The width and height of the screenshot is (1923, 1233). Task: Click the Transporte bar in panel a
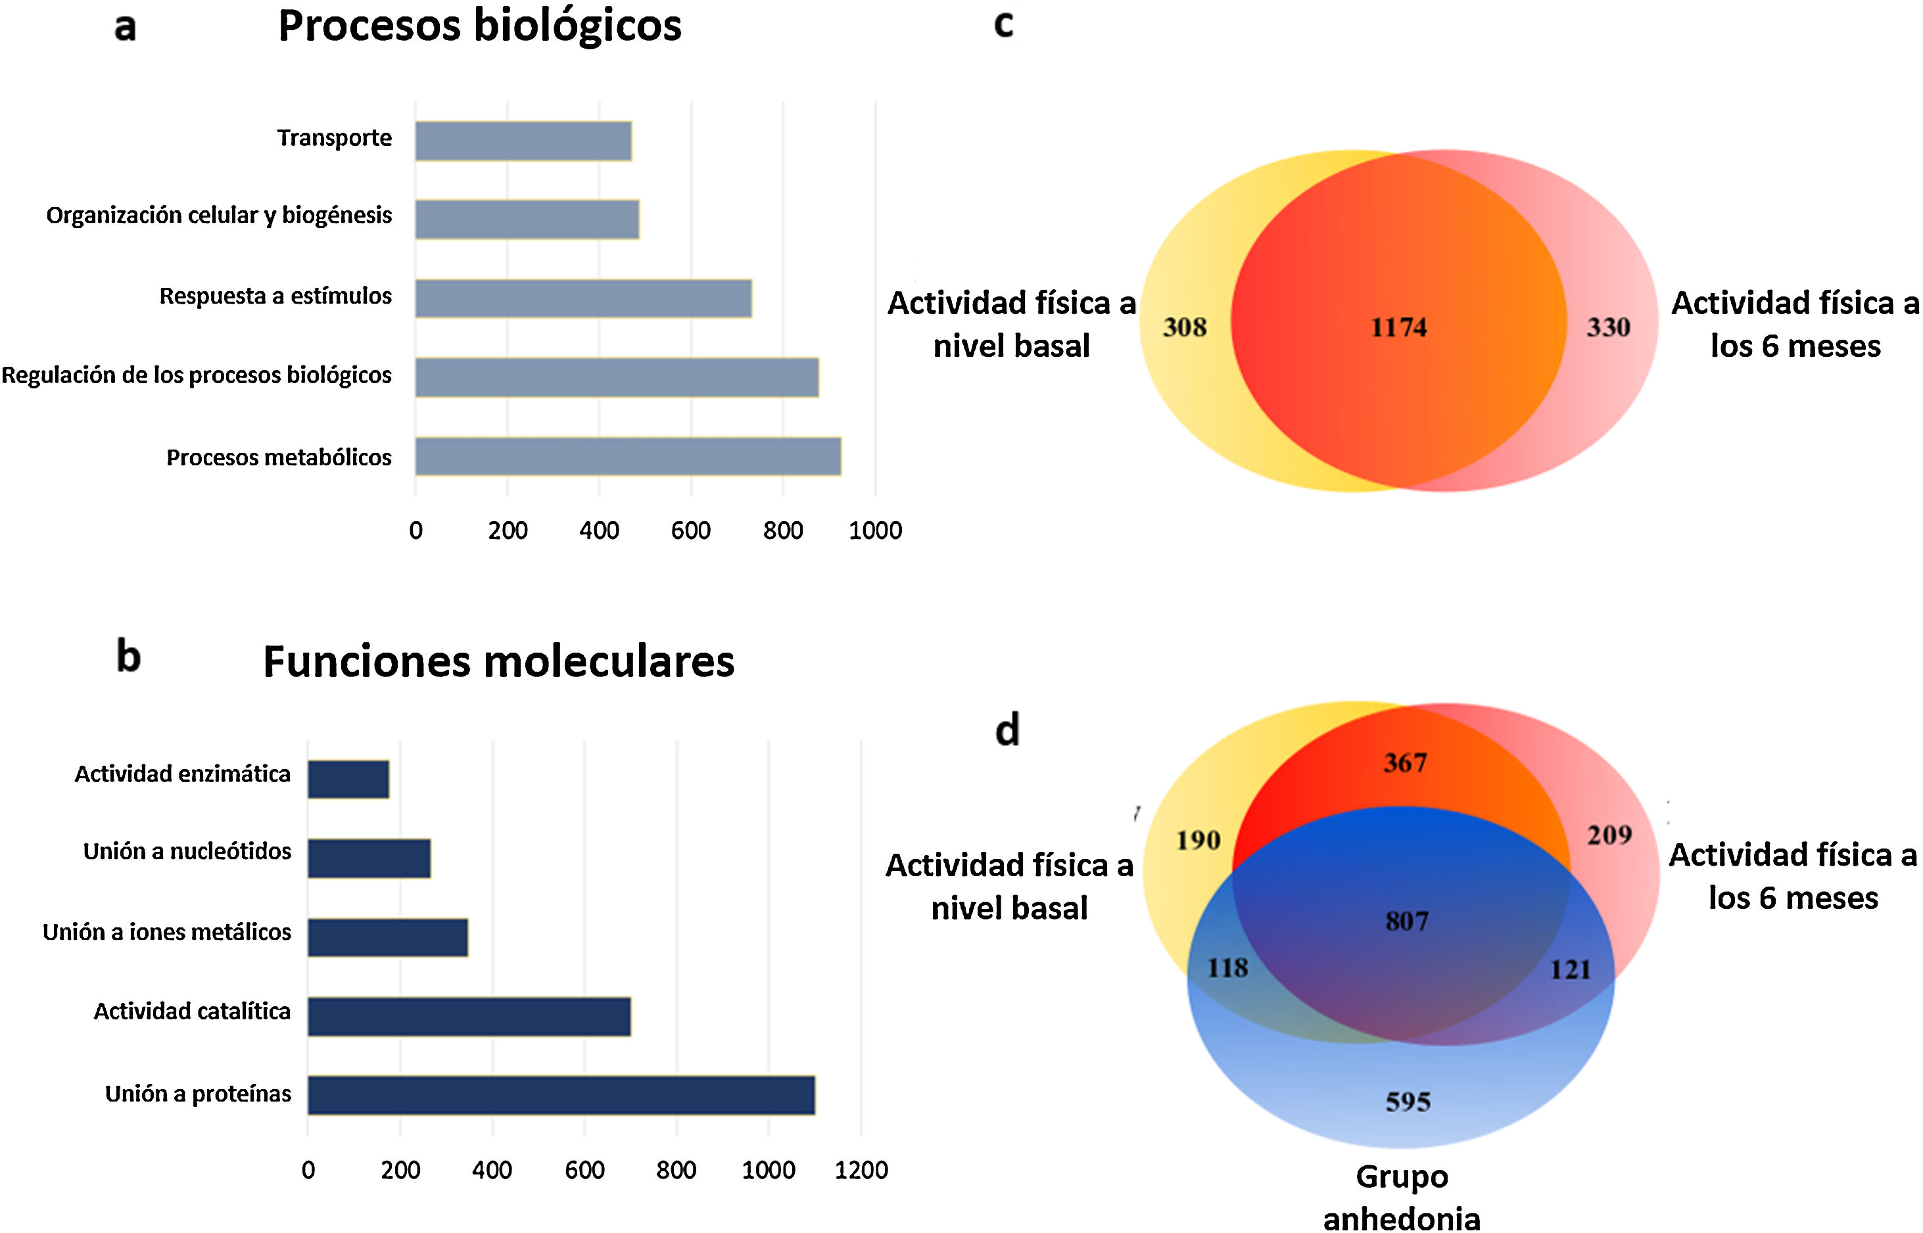click(523, 141)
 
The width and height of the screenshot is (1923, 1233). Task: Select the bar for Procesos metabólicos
click(628, 456)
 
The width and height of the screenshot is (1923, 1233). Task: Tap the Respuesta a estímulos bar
click(583, 298)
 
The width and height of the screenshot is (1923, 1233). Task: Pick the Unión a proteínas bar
click(561, 1094)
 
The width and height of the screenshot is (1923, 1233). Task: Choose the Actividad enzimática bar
click(348, 779)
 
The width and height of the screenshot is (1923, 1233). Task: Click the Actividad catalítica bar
click(469, 1016)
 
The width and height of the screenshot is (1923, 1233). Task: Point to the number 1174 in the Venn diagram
click(1398, 327)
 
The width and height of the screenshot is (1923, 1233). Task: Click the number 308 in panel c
click(1185, 327)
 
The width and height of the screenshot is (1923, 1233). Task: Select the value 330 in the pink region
click(1608, 327)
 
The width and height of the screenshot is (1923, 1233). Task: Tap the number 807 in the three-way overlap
click(1407, 921)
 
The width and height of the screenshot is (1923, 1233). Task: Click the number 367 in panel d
click(1406, 762)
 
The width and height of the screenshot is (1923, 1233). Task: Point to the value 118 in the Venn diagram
click(1227, 967)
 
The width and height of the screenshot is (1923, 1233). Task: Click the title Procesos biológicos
click(480, 26)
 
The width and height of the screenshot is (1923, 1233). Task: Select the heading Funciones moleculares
click(498, 662)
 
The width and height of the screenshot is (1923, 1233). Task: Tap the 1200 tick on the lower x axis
click(861, 1170)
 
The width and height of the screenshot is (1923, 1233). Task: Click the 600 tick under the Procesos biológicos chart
click(690, 530)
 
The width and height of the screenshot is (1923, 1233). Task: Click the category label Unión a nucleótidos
click(187, 851)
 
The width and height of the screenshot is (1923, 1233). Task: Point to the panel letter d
click(1007, 730)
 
